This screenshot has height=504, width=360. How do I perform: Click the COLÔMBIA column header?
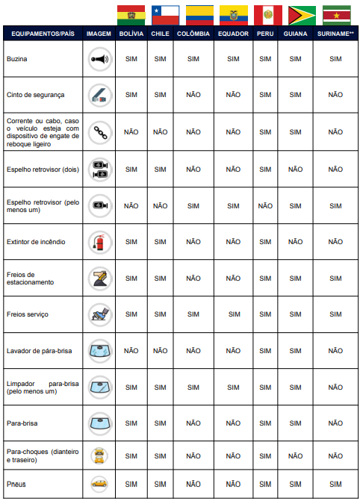[193, 34]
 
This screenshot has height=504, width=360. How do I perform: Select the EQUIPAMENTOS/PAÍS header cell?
[40, 34]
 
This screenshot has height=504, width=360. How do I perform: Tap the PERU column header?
[265, 34]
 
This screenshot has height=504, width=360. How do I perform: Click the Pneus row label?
[16, 484]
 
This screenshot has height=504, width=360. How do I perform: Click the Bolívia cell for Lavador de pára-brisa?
[131, 351]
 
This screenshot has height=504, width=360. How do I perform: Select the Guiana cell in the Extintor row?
[295, 241]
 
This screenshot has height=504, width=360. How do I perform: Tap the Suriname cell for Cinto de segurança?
[335, 95]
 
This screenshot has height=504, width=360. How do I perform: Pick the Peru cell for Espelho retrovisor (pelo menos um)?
[265, 205]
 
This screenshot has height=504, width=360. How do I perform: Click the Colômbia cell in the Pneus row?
[193, 484]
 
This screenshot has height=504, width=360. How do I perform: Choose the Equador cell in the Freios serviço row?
[232, 314]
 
